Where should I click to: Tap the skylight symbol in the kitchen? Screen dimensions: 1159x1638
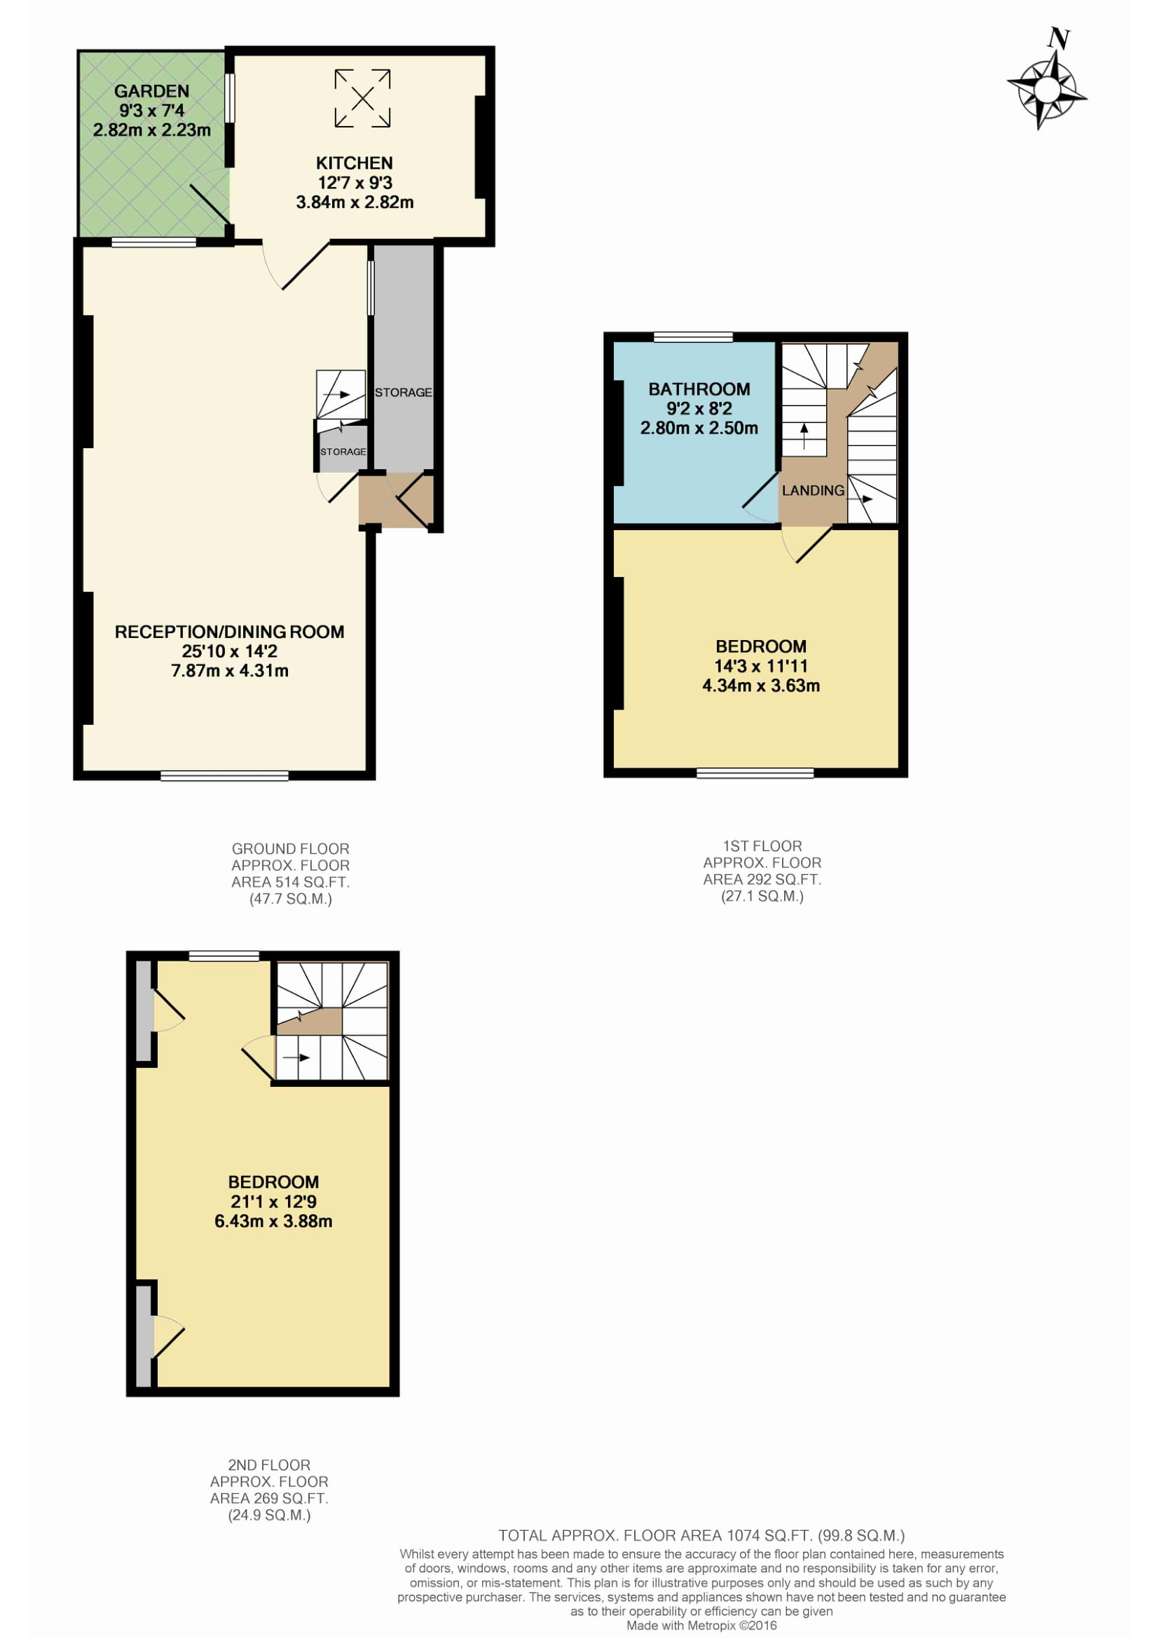click(x=362, y=99)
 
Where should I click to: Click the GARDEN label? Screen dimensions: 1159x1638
click(x=152, y=91)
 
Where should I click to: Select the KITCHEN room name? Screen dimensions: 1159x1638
click(x=355, y=163)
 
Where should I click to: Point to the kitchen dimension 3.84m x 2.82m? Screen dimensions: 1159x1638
click(x=355, y=202)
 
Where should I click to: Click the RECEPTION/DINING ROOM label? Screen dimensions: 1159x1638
click(x=230, y=632)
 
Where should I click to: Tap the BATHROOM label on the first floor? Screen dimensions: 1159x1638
click(x=699, y=389)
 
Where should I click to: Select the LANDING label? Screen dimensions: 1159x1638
click(x=813, y=491)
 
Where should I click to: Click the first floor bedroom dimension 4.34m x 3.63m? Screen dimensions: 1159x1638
click(x=762, y=686)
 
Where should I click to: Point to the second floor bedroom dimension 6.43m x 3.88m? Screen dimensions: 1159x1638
click(x=273, y=1221)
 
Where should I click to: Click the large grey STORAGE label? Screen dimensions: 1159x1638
click(x=403, y=392)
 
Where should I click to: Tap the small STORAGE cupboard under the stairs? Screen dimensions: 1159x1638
click(x=343, y=449)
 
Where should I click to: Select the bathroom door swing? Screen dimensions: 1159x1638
click(x=761, y=498)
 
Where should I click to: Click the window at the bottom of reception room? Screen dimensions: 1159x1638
click(x=225, y=776)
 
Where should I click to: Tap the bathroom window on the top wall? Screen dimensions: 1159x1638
click(x=694, y=337)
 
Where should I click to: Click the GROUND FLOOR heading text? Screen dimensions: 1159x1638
click(x=291, y=849)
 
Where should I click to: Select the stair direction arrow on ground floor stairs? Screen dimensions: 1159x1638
click(x=336, y=394)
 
